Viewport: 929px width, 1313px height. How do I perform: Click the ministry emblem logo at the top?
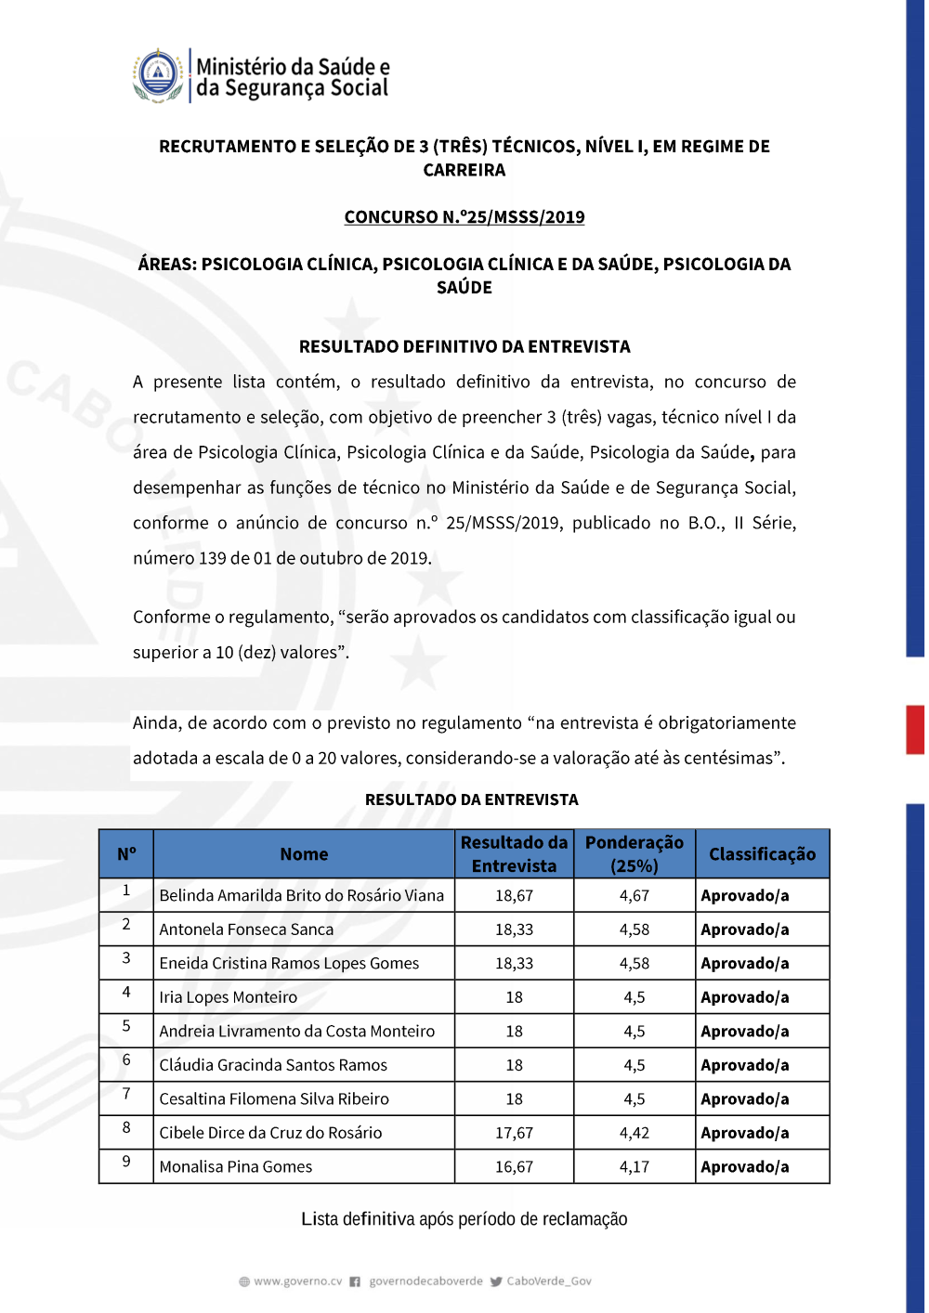(x=159, y=75)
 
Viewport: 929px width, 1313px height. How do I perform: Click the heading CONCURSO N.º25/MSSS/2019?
(x=464, y=217)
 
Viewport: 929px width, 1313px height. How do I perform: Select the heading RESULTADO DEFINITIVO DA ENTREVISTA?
(x=464, y=346)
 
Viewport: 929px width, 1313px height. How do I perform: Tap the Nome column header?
(x=304, y=854)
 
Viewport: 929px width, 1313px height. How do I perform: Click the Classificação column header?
(x=762, y=854)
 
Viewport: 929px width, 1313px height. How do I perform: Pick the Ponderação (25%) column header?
(x=635, y=854)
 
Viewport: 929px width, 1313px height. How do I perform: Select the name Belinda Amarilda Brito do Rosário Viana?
(x=302, y=896)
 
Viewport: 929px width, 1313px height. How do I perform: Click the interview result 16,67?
(x=514, y=1167)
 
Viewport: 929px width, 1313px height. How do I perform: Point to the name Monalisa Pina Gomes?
(x=236, y=1167)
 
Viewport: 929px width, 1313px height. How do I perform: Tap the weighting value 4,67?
(x=635, y=896)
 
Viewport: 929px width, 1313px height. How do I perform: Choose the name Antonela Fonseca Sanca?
(x=246, y=929)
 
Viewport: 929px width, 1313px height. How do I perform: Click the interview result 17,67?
(x=514, y=1133)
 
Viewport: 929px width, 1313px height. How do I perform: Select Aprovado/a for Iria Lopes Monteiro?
(x=745, y=997)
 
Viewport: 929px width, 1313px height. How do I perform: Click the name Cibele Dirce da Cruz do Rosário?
(x=270, y=1133)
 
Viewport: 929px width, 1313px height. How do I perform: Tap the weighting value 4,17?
(x=635, y=1167)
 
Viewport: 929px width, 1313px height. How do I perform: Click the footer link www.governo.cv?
(x=297, y=1281)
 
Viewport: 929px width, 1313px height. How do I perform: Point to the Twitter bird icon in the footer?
(x=496, y=1281)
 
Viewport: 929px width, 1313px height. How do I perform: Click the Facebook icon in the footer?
(x=355, y=1281)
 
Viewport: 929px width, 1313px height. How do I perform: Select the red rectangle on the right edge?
(x=915, y=729)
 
